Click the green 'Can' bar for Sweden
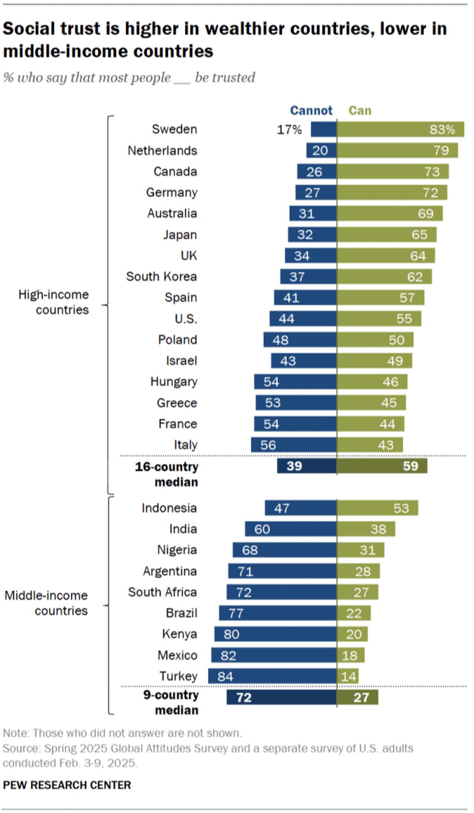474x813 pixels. pyautogui.click(x=400, y=129)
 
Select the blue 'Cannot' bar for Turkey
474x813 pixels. pyautogui.click(x=272, y=676)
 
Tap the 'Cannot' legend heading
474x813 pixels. pyautogui.click(x=311, y=110)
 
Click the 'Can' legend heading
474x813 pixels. pyautogui.click(x=360, y=110)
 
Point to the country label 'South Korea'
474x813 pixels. pyautogui.click(x=161, y=276)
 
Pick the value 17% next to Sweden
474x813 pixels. pyautogui.click(x=289, y=130)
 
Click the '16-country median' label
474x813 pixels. pyautogui.click(x=167, y=474)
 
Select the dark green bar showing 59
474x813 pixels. pyautogui.click(x=382, y=466)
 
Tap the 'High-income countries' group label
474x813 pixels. pyautogui.click(x=54, y=302)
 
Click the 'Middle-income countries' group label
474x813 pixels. pyautogui.click(x=46, y=603)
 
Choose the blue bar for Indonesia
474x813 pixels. pyautogui.click(x=300, y=508)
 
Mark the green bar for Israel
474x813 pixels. pyautogui.click(x=374, y=361)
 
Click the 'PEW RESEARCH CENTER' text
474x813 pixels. pyautogui.click(x=67, y=785)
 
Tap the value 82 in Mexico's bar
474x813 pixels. pyautogui.click(x=228, y=656)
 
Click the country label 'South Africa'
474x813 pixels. pyautogui.click(x=162, y=592)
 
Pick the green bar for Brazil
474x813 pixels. pyautogui.click(x=353, y=613)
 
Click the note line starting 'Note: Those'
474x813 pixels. pyautogui.click(x=122, y=733)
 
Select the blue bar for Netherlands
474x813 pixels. pyautogui.click(x=321, y=150)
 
